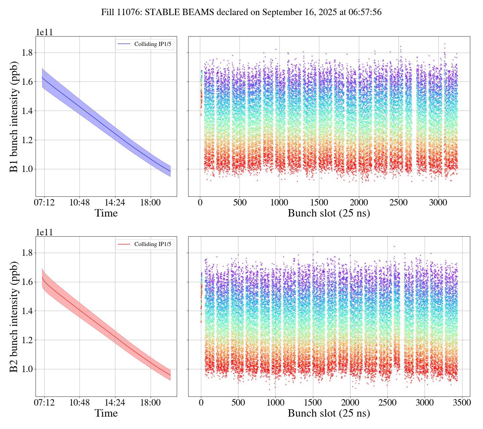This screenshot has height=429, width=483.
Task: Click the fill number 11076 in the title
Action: tap(129, 12)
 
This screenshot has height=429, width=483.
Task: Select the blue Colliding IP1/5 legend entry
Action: tap(145, 44)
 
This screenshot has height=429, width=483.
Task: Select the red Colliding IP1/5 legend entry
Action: tap(145, 244)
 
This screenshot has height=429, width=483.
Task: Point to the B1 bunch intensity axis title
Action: tap(14, 116)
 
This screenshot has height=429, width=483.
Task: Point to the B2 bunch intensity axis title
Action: tap(14, 316)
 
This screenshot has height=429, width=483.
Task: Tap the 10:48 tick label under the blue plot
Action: tap(79, 203)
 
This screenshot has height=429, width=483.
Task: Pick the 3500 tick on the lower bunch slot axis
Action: tap(462, 403)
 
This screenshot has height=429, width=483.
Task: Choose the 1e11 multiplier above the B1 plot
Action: tap(44, 33)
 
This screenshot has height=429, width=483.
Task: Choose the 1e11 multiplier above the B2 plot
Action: tap(44, 233)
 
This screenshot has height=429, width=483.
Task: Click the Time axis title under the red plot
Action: tap(106, 413)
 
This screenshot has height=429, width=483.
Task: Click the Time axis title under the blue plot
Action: tap(106, 213)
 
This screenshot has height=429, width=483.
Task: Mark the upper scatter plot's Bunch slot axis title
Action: tap(329, 213)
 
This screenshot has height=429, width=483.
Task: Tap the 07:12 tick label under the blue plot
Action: tap(44, 203)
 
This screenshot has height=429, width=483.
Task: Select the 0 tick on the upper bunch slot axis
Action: tap(200, 203)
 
